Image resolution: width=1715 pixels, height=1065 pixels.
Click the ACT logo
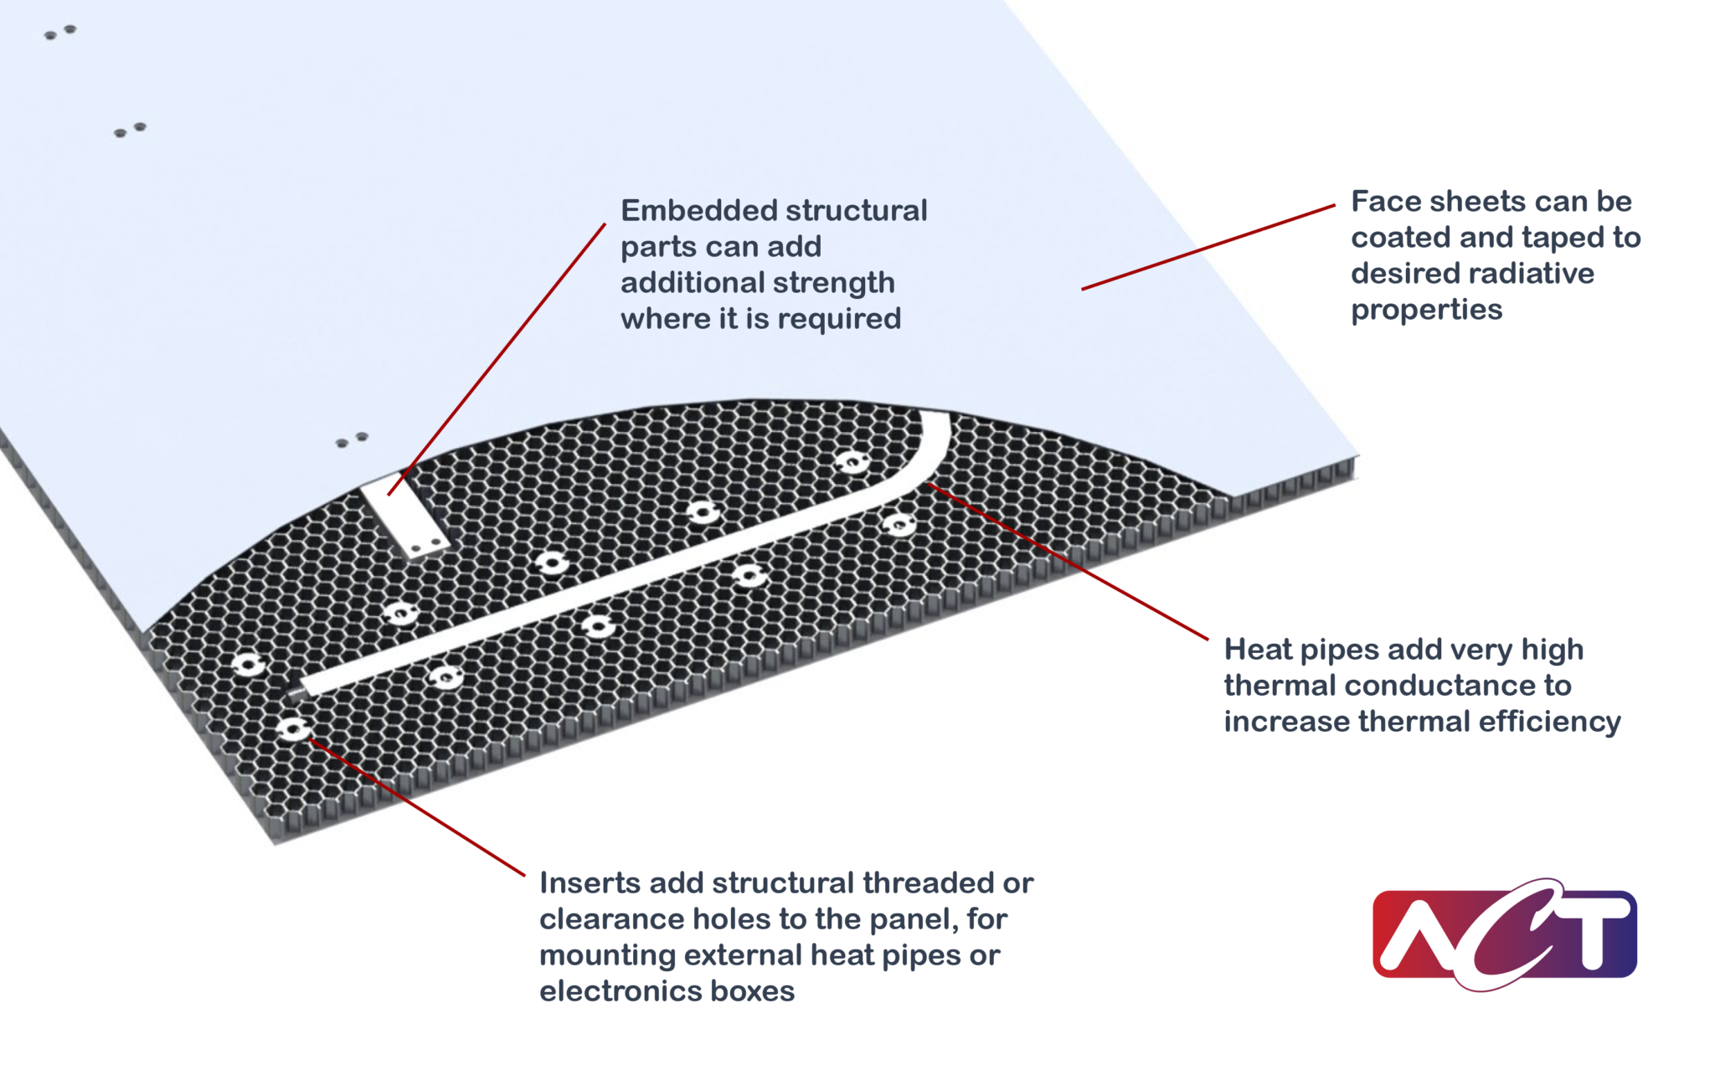[1504, 934]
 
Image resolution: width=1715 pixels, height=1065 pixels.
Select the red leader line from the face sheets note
[1206, 248]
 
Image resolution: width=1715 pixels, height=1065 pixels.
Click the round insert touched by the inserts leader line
[293, 729]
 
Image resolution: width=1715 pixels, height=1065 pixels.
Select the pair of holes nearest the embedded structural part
[352, 440]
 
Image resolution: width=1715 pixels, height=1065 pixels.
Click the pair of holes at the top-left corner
[59, 33]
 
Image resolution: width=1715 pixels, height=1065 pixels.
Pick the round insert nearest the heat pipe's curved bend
[852, 462]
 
